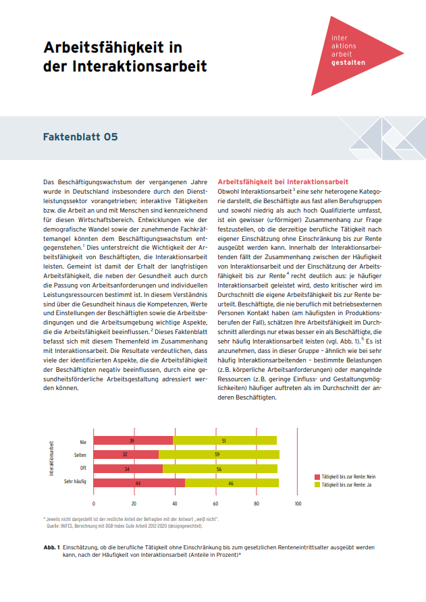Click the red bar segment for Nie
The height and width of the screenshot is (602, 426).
(133, 441)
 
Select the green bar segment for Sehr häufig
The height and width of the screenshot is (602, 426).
(232, 483)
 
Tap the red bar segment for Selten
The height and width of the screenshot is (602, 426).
(126, 454)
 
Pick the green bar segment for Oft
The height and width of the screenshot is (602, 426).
(219, 468)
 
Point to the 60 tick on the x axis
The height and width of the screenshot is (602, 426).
(216, 503)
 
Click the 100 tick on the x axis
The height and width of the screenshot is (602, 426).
(298, 503)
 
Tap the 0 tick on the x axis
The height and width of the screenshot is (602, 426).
(94, 503)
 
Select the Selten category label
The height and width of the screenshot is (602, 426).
(80, 455)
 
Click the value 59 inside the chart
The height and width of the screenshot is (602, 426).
(219, 455)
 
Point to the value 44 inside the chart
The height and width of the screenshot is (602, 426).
(139, 483)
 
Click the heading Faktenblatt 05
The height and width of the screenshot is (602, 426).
(80, 136)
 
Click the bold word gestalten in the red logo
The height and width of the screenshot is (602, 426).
(349, 61)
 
